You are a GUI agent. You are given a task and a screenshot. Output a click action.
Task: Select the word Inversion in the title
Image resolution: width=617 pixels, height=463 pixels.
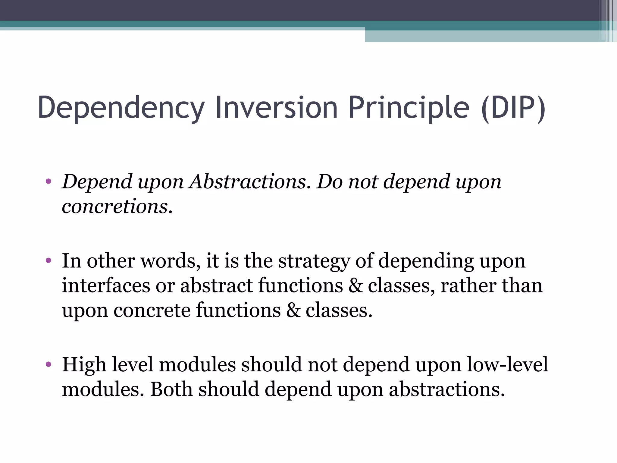(276, 108)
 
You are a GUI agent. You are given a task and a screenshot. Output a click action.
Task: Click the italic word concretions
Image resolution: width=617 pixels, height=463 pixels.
(117, 207)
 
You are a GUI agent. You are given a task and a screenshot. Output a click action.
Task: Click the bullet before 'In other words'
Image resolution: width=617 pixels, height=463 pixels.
(49, 260)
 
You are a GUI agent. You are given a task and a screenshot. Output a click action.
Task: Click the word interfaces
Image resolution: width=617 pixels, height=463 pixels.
(106, 285)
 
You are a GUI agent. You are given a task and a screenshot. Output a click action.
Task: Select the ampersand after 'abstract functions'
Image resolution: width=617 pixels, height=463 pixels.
(355, 285)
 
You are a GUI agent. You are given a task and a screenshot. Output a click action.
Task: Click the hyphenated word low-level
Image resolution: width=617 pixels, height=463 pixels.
(507, 364)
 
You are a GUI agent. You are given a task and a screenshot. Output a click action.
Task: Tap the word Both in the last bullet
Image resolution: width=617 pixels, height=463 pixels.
(171, 389)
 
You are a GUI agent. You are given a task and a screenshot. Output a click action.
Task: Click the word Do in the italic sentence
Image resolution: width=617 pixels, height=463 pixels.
(330, 182)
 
